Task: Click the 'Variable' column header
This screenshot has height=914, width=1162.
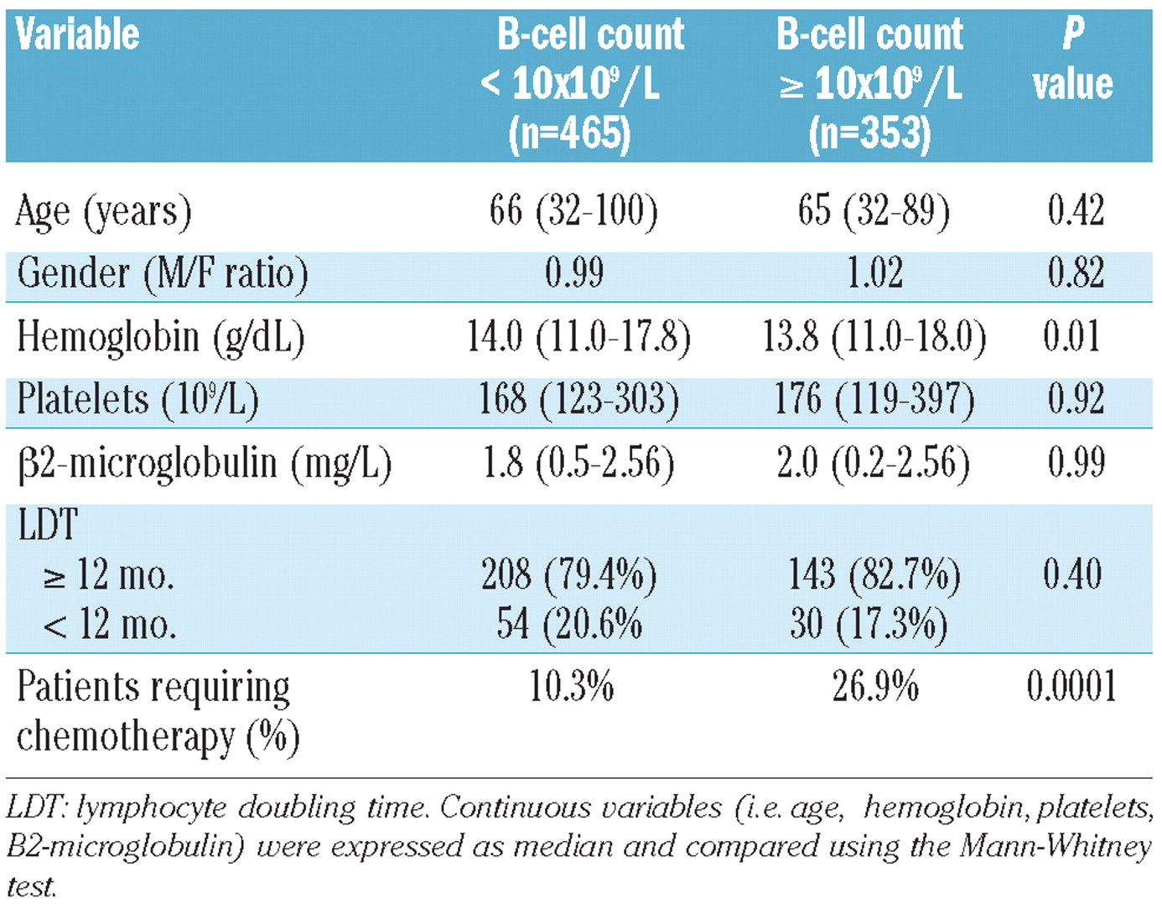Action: click(x=77, y=35)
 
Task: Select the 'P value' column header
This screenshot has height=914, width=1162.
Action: click(x=1072, y=60)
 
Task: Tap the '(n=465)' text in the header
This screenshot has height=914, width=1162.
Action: click(x=569, y=133)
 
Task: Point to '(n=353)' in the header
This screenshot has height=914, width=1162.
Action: click(x=869, y=133)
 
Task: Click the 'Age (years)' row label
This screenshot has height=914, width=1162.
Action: click(x=104, y=211)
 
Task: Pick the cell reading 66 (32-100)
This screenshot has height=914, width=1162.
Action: click(x=573, y=210)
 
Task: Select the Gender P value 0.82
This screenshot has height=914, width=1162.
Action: click(x=1076, y=273)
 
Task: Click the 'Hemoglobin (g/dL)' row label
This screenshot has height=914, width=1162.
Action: click(x=160, y=337)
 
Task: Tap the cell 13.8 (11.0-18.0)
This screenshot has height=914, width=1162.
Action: click(x=874, y=336)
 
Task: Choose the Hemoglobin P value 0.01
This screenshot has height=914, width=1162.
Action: click(x=1072, y=336)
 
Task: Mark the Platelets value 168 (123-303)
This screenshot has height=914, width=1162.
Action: click(x=578, y=399)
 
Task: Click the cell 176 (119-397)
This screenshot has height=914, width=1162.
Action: click(x=874, y=399)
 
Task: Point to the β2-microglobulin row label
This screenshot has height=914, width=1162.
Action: click(x=205, y=463)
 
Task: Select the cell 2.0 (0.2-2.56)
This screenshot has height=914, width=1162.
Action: click(x=873, y=462)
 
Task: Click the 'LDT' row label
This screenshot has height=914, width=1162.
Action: click(x=47, y=526)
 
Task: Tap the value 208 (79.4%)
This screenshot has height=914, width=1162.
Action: click(x=568, y=575)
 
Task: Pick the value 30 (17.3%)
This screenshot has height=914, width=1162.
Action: click(x=869, y=624)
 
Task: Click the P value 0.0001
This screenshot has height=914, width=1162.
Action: click(x=1071, y=686)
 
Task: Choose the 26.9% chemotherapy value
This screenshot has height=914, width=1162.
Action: click(x=875, y=687)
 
